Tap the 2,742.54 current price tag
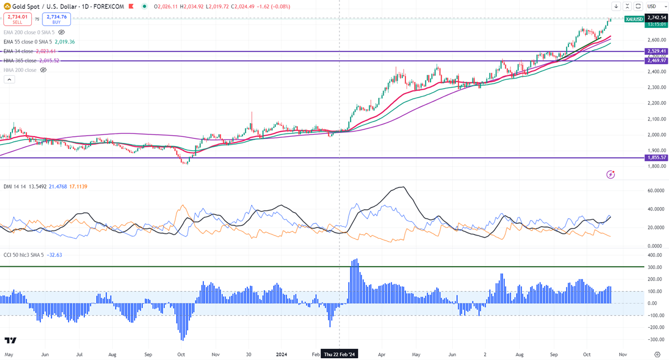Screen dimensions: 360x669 657,18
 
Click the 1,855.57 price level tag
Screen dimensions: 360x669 657,158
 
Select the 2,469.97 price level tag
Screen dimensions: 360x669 657,60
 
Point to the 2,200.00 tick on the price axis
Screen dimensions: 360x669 657,103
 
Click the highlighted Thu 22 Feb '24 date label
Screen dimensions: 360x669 340,354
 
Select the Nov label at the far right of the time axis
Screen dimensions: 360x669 623,354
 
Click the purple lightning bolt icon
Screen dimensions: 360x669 610,174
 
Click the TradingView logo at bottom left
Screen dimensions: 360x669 10,340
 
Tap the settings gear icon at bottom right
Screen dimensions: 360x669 657,354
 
